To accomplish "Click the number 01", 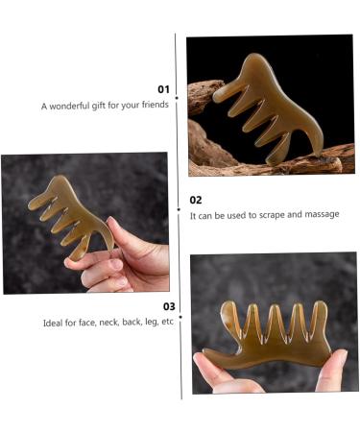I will pos(163,89).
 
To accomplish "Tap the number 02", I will pos(196,200).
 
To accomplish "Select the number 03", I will pos(168,306).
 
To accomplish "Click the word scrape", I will pos(280,214).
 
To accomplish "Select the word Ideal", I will pos(54,322).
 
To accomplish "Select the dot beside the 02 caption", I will pos(179,206).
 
